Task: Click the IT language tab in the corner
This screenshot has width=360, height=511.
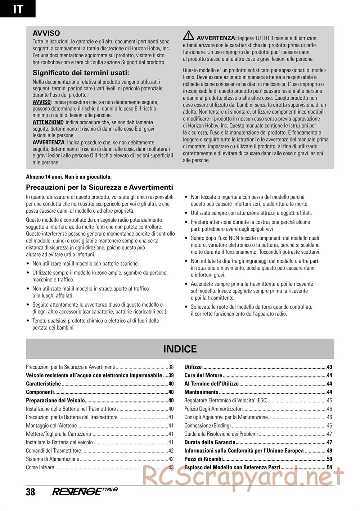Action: pyautogui.click(x=18, y=9)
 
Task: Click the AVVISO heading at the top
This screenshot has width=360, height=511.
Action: pyautogui.click(x=46, y=33)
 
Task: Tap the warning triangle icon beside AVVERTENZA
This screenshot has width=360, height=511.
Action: pyautogui.click(x=188, y=36)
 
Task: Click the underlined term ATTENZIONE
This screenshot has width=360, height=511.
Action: pyautogui.click(x=48, y=122)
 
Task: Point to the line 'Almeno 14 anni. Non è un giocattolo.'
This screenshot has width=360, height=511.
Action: pyautogui.click(x=69, y=177)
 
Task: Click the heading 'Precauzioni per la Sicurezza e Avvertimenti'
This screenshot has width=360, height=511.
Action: pyautogui.click(x=99, y=187)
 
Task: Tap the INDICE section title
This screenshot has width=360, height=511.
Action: pyautogui.click(x=180, y=349)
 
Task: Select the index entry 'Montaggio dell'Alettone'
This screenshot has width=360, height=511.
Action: pyautogui.click(x=51, y=426)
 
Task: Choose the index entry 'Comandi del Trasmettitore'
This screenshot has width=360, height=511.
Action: pyautogui.click(x=54, y=451)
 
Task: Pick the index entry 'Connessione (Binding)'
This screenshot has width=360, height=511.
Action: pyautogui.click(x=208, y=426)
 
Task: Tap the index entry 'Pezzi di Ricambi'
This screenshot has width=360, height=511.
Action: pyautogui.click(x=204, y=459)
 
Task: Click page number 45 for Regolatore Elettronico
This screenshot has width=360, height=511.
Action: pyautogui.click(x=329, y=401)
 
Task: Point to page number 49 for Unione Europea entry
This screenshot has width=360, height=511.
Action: pyautogui.click(x=329, y=451)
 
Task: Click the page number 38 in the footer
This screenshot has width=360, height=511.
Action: pyautogui.click(x=31, y=492)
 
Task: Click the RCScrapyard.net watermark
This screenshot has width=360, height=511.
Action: pyautogui.click(x=243, y=477)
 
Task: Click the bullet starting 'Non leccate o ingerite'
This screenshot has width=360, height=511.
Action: pyautogui.click(x=247, y=197)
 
